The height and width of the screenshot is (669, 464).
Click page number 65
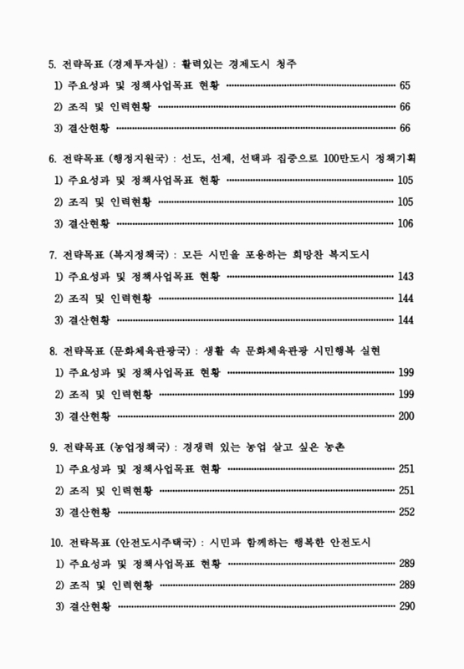[405, 85]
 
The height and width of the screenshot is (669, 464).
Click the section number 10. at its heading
[57, 542]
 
